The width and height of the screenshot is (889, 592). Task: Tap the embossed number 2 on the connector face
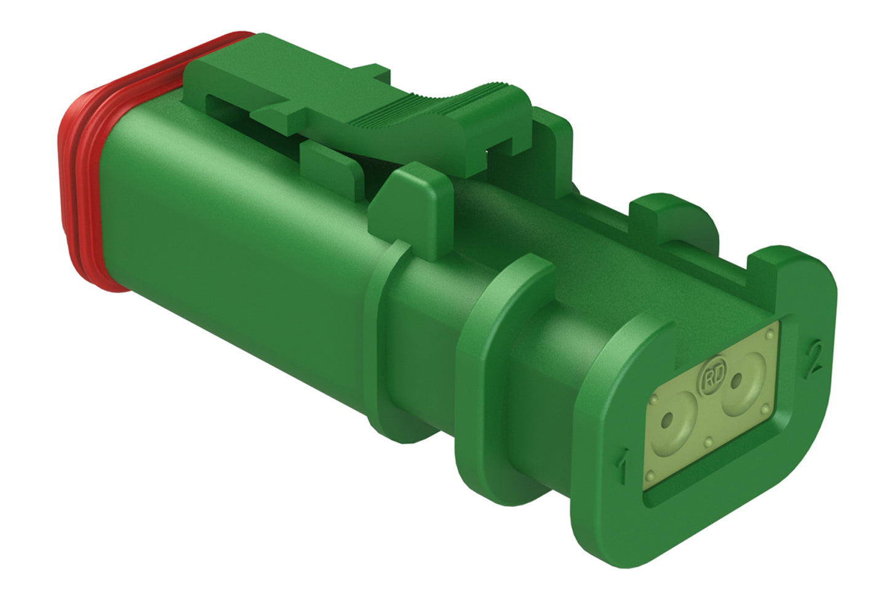(x=813, y=360)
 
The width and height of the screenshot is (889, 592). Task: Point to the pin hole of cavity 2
(x=735, y=383)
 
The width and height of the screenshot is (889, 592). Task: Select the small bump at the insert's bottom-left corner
(x=650, y=475)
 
